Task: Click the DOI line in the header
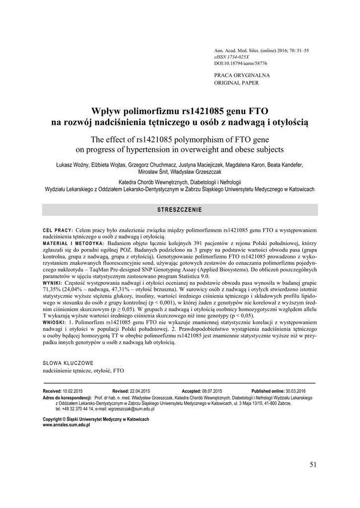[240, 63]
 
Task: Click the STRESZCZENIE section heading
[179, 210]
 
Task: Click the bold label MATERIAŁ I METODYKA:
[74, 244]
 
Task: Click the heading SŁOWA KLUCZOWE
[69, 363]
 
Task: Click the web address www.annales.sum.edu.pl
[67, 425]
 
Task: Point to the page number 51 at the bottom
[312, 464]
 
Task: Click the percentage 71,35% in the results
[52, 289]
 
